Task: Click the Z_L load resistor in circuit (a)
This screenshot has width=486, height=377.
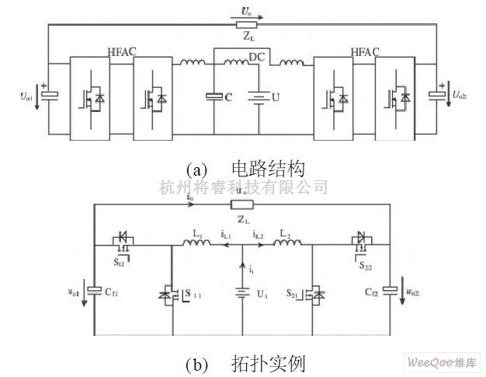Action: tap(246, 25)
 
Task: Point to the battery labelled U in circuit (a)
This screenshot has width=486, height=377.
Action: tap(259, 97)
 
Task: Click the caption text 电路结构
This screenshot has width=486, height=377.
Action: tap(268, 168)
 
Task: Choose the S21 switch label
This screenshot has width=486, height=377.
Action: tap(293, 295)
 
